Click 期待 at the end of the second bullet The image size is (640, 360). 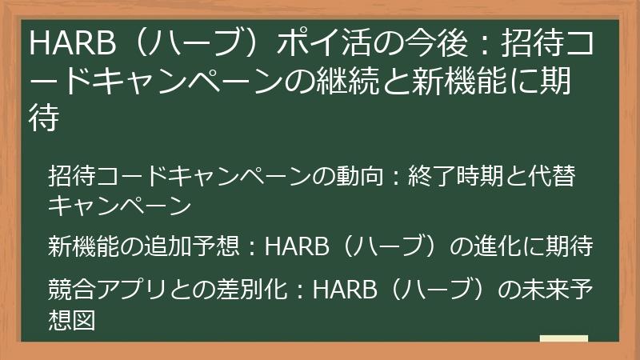(x=570, y=245)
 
